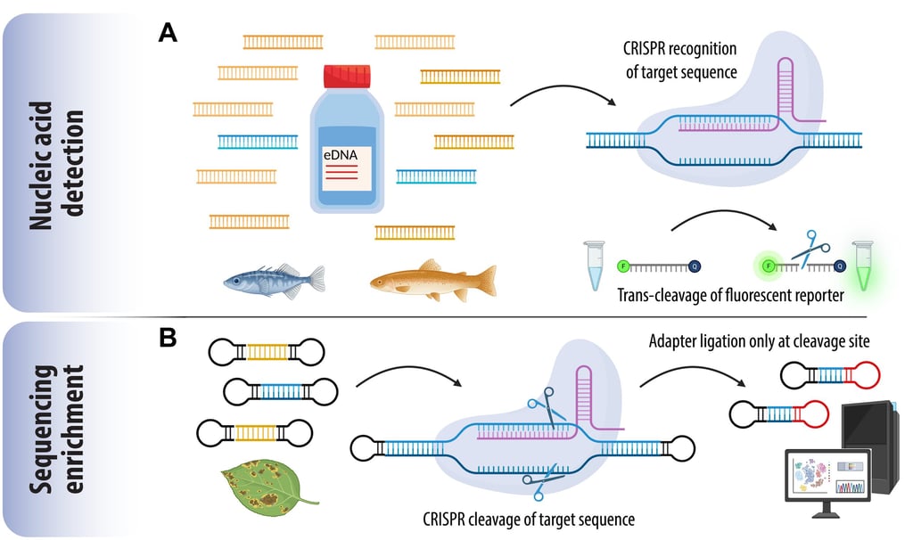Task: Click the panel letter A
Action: (168, 33)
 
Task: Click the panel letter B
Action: (168, 340)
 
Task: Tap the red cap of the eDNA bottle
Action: (346, 77)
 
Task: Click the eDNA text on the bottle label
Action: (346, 155)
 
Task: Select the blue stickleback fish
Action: (272, 279)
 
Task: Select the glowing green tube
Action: (861, 266)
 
